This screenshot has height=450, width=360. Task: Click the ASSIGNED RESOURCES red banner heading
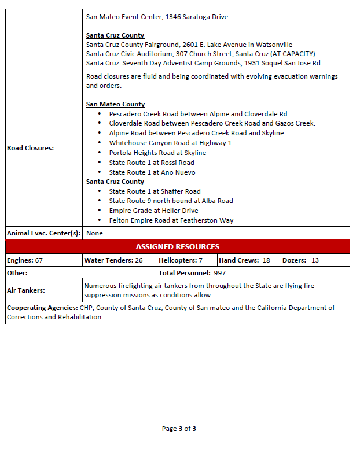(x=177, y=247)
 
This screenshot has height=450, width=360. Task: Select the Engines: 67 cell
(x=25, y=261)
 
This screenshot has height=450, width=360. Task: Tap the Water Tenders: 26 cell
(x=113, y=261)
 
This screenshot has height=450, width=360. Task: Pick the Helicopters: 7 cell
(x=180, y=261)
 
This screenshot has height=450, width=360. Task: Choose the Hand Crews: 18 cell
(x=244, y=261)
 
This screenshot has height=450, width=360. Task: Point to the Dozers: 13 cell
(x=300, y=261)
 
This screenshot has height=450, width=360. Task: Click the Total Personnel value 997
(x=219, y=273)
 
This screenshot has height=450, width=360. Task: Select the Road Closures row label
(x=30, y=148)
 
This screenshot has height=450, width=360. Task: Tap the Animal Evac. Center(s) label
(x=43, y=233)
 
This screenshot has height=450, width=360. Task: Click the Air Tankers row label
(x=26, y=290)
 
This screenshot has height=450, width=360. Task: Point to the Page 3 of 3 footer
(x=179, y=429)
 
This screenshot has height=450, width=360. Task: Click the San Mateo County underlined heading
(x=115, y=104)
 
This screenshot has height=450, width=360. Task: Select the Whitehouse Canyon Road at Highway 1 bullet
(x=170, y=143)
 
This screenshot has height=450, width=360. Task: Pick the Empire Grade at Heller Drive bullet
(x=153, y=211)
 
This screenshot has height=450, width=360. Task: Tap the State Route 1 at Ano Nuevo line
(x=152, y=172)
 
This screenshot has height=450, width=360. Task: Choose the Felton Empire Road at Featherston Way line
(x=171, y=220)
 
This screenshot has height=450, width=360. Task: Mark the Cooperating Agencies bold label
(x=42, y=308)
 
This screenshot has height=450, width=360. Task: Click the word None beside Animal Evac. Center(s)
(x=95, y=233)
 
